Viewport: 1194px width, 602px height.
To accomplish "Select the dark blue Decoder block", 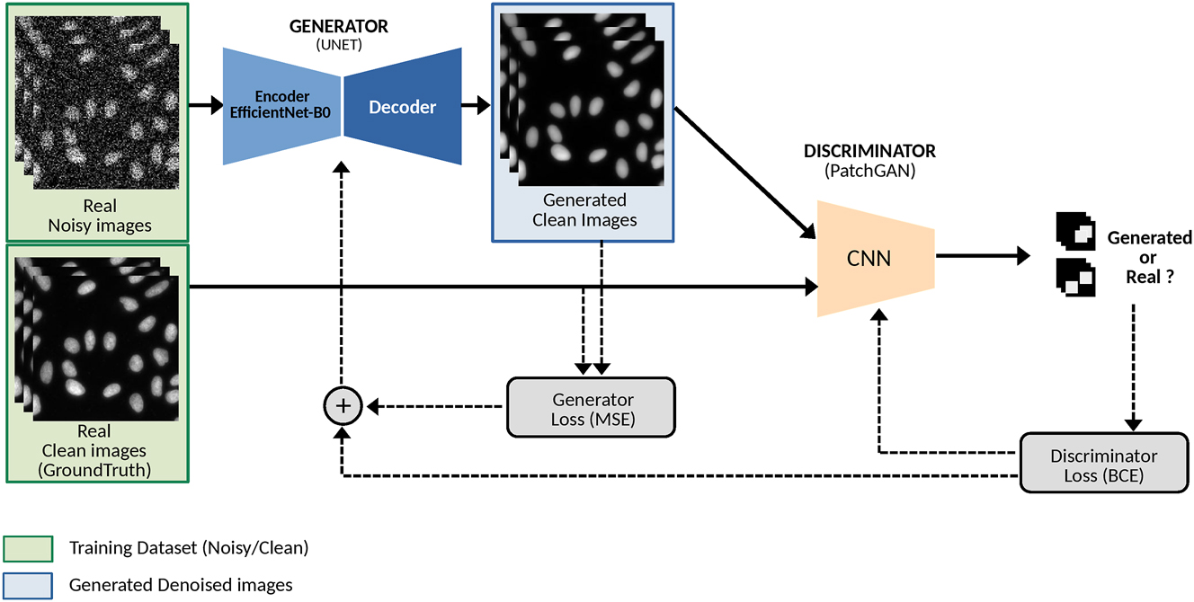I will click(403, 107).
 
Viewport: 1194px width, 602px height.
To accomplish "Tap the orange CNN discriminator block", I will click(869, 259).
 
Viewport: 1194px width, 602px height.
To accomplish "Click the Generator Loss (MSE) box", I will click(592, 408).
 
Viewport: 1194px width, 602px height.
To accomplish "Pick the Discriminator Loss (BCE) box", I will click(1103, 465).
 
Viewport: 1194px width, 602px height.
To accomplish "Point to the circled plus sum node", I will click(342, 407).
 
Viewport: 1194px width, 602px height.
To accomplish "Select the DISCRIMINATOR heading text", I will click(869, 151).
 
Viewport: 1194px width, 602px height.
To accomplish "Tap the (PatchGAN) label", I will click(869, 171).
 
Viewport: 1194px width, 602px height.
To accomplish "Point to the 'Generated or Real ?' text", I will click(1148, 258).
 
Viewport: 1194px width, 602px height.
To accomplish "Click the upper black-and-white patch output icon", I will click(1075, 232).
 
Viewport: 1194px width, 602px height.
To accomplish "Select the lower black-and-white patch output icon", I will click(1075, 278).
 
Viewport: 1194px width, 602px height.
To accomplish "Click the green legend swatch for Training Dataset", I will click(28, 546).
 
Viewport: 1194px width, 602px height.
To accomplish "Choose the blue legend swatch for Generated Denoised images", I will click(28, 585).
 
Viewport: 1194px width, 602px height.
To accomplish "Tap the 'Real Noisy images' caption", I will click(99, 217).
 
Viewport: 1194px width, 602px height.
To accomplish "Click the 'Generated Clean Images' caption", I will click(584, 209).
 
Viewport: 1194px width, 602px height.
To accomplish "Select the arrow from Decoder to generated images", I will click(476, 107).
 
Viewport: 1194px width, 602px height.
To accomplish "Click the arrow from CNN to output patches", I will click(982, 257).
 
